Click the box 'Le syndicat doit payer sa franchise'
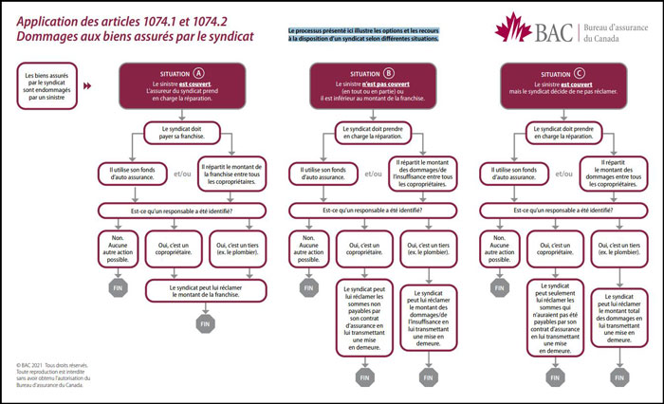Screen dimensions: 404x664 pyautogui.click(x=182, y=132)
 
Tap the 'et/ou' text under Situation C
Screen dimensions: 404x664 pyautogui.click(x=563, y=174)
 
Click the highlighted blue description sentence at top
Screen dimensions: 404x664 pyautogui.click(x=364, y=35)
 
